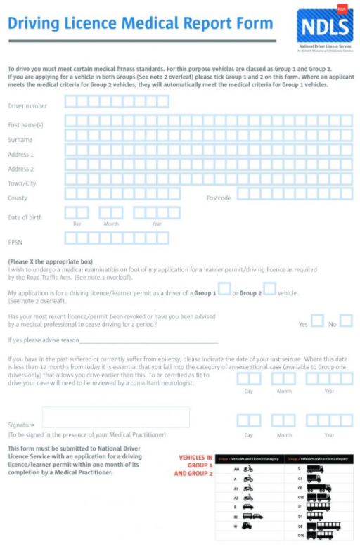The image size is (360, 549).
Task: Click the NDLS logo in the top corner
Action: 324,26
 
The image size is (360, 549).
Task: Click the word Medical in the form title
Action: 152,23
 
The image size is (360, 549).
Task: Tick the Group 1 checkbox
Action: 224,289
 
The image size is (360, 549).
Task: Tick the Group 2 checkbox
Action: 269,289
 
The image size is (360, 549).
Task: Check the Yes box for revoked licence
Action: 317,321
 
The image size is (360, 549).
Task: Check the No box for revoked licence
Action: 346,321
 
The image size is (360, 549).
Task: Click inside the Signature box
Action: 116,417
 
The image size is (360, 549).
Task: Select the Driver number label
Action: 27,106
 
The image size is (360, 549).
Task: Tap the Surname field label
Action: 20,140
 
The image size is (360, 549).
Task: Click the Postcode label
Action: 219,198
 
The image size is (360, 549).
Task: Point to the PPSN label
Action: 15,242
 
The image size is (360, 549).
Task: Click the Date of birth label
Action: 25,217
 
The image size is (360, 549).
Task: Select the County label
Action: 18,198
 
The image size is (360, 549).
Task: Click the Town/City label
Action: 22,183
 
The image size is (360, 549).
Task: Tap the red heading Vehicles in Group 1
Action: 195,465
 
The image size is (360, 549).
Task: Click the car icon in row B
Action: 248,505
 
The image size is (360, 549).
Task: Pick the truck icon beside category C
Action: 314,469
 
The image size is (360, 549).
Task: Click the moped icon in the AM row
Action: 248,469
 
